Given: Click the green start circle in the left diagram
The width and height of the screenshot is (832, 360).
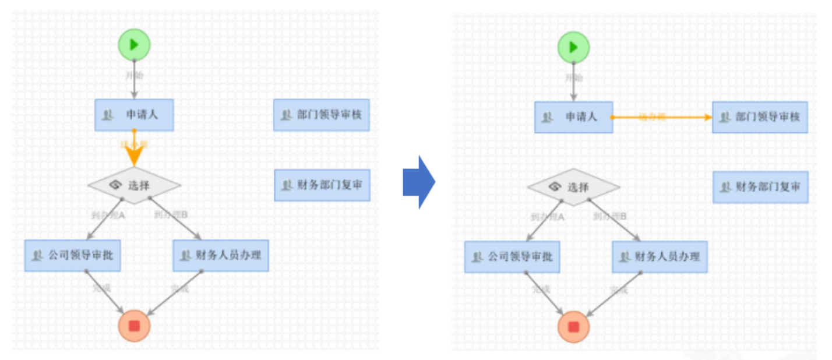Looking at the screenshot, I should pyautogui.click(x=134, y=45).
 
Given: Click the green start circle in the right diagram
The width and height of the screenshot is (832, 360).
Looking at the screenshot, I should pyautogui.click(x=573, y=47).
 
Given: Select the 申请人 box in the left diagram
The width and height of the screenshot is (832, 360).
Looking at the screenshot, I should pyautogui.click(x=134, y=115).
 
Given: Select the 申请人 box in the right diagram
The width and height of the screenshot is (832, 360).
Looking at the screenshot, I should pyautogui.click(x=573, y=117).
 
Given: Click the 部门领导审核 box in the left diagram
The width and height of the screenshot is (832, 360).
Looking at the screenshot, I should pyautogui.click(x=322, y=115).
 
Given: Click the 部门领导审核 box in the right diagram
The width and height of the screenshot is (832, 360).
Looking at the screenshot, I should pyautogui.click(x=760, y=117).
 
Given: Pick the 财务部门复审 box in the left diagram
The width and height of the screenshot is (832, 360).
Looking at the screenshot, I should pyautogui.click(x=322, y=185).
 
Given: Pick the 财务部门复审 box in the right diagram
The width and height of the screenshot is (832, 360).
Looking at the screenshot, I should pyautogui.click(x=760, y=187).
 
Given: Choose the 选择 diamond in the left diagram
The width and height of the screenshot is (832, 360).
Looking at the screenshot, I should pyautogui.click(x=134, y=186).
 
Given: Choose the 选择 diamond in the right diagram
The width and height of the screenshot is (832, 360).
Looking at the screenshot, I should pyautogui.click(x=573, y=188).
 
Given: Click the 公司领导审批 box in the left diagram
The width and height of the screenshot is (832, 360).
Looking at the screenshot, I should pyautogui.click(x=73, y=255).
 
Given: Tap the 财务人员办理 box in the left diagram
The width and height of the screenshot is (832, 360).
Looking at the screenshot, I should pyautogui.click(x=221, y=255).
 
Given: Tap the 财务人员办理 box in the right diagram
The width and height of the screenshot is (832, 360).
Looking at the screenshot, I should pyautogui.click(x=660, y=257).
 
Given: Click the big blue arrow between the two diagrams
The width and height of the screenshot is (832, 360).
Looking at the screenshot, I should pyautogui.click(x=418, y=182).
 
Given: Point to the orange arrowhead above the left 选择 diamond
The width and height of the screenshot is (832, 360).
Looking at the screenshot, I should pyautogui.click(x=134, y=156).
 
